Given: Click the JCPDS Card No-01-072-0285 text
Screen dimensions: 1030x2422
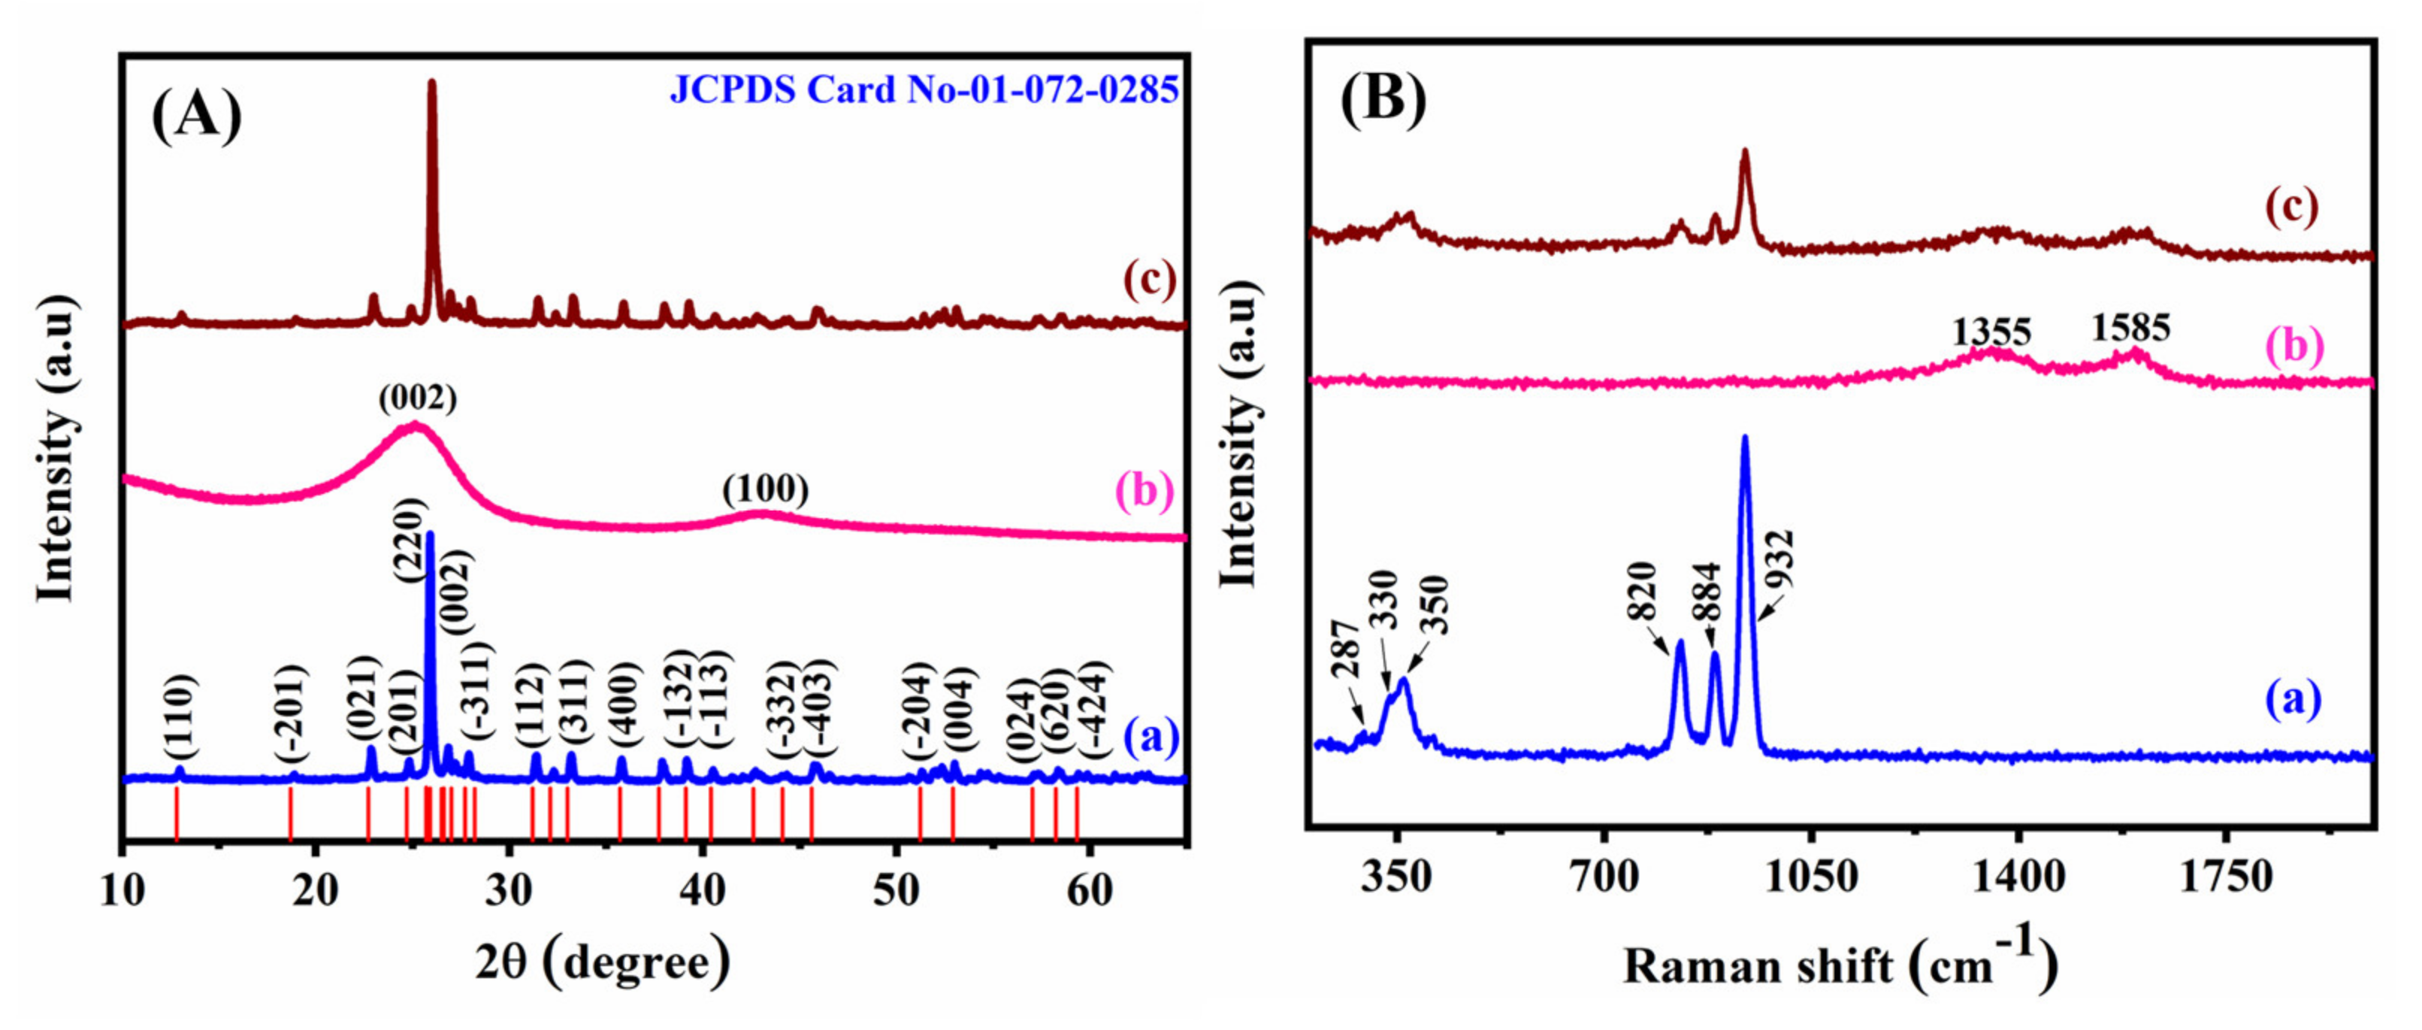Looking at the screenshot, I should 924,89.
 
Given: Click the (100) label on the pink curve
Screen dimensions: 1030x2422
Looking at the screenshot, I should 765,489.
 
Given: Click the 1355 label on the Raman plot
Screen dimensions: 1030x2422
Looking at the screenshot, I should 1991,332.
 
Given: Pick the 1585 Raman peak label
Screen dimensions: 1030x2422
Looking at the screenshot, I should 2130,327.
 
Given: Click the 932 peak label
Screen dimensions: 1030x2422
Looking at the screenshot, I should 1779,559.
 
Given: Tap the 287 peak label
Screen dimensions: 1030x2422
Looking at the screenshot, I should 1345,649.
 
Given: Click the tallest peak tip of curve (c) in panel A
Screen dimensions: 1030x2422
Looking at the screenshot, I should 431,83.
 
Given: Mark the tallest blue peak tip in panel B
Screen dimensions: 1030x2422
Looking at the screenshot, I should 1745,438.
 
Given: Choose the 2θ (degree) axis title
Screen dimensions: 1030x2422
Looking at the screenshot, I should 602,962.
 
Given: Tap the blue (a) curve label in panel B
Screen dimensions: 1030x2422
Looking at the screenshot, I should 2292,700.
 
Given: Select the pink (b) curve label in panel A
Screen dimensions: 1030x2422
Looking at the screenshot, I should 1144,490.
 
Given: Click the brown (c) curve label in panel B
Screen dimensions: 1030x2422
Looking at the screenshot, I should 2291,206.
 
